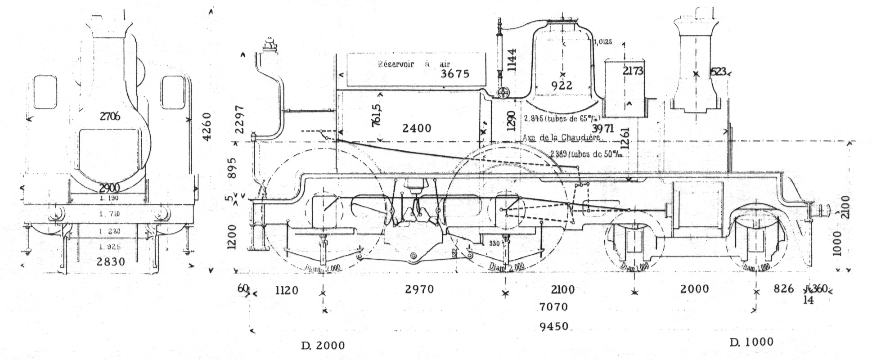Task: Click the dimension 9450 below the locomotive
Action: coord(555,326)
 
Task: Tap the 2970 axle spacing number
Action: coord(419,289)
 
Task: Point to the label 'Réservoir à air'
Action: coord(414,64)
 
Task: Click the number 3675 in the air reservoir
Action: coord(455,73)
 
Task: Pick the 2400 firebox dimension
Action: coord(417,128)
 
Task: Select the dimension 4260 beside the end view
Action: coord(207,127)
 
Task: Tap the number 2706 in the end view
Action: coord(110,116)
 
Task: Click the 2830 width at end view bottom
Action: coord(110,261)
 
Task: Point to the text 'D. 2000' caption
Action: coord(323,346)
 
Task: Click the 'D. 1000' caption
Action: coord(751,342)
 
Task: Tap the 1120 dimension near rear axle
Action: coord(287,290)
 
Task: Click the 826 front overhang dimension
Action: coord(783,289)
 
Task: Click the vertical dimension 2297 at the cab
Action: coord(240,119)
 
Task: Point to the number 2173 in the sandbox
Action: coord(633,71)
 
